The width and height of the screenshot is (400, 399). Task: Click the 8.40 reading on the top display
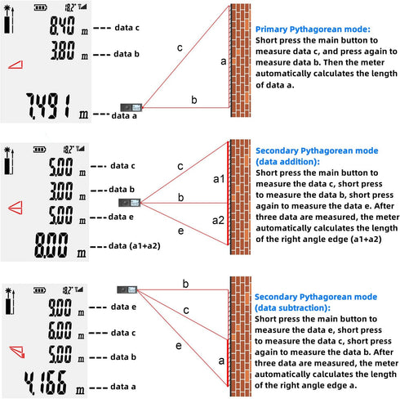(x=62, y=25)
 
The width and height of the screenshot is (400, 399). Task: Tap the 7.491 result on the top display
(x=48, y=106)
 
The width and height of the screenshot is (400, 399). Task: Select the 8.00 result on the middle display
(x=51, y=245)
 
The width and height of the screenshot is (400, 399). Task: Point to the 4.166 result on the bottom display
(x=45, y=383)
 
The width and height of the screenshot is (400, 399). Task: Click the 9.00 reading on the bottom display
(x=60, y=307)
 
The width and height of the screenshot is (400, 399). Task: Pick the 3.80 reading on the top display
(x=62, y=51)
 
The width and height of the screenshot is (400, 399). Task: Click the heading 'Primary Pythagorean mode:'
(x=313, y=29)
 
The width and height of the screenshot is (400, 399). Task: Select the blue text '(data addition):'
(x=287, y=162)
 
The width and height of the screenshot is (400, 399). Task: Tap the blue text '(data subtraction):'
(x=292, y=307)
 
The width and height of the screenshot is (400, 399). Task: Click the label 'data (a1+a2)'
(x=135, y=246)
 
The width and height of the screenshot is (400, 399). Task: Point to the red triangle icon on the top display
(x=16, y=65)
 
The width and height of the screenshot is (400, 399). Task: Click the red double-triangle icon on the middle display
(x=16, y=208)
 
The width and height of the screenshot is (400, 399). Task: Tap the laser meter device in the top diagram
(x=131, y=107)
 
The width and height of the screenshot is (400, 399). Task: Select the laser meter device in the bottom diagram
(x=127, y=289)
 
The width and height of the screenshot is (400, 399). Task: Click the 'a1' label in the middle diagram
(x=219, y=179)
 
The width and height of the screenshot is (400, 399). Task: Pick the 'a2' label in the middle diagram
(x=218, y=220)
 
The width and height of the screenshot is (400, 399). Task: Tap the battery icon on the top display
(x=40, y=7)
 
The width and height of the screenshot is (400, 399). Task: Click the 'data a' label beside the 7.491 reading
(x=124, y=116)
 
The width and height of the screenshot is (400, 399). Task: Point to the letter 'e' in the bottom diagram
(x=179, y=346)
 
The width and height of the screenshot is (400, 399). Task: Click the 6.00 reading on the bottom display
(x=60, y=330)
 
